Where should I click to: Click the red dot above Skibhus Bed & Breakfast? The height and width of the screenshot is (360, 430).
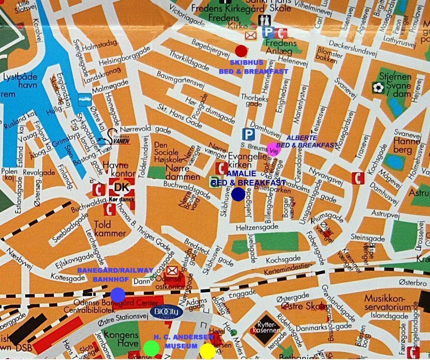point(241,51)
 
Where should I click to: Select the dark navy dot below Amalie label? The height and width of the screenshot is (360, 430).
point(238,194)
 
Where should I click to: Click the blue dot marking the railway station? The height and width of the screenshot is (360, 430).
point(117,295)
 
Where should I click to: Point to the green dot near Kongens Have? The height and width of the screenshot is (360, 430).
point(151,349)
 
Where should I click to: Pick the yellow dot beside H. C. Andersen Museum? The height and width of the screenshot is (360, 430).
point(207,351)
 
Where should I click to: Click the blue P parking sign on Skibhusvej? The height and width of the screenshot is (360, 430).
point(249,134)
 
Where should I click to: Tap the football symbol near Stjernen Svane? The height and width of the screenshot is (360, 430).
point(379,87)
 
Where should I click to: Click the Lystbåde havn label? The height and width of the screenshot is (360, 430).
point(20,81)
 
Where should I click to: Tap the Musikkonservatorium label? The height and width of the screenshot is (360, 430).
point(388,303)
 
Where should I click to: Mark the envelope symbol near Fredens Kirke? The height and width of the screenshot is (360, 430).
point(251,36)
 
